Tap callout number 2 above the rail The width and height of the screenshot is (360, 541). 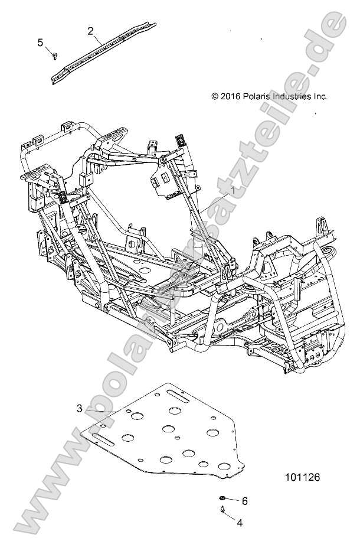[x=90, y=31]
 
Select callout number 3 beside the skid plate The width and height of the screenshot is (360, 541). [x=80, y=408]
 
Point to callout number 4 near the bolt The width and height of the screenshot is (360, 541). [x=239, y=523]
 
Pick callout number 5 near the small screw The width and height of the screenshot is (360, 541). [x=41, y=42]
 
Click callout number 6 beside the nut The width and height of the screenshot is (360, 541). [x=244, y=501]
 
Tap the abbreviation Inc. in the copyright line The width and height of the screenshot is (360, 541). [x=320, y=96]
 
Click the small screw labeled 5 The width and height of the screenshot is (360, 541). [x=54, y=56]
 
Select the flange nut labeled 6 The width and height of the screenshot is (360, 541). [x=225, y=500]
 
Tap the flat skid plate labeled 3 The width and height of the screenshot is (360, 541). [x=171, y=437]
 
